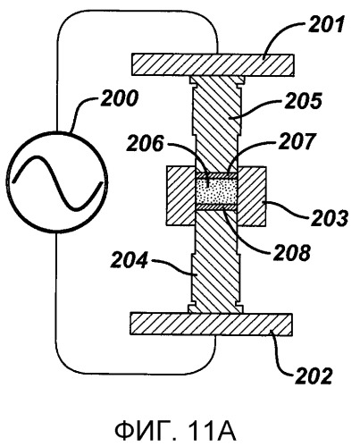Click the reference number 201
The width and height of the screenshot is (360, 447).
coord(326,24)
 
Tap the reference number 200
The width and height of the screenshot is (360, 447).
coord(120,98)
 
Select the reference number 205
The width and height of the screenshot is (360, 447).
coord(303,101)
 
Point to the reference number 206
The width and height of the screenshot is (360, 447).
coord(145,143)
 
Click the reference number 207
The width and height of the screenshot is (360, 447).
coord(297,141)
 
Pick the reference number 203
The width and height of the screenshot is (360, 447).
coord(330,218)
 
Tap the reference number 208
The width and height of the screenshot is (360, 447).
coord(292,253)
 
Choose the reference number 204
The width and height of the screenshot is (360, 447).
coord(130,260)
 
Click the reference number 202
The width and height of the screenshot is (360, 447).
coord(314,376)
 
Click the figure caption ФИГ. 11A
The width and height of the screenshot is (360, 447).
coord(176,430)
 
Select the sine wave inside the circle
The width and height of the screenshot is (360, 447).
coord(57,182)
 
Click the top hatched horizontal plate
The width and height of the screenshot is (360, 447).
coord(213,65)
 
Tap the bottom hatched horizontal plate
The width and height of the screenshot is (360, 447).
coord(211,325)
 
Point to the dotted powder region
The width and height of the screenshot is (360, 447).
coord(216,191)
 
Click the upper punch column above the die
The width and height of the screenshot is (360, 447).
coord(216,124)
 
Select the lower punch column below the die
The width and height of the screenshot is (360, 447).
coord(215,262)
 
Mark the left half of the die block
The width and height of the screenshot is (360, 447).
coord(181,196)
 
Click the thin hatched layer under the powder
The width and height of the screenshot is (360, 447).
coord(216,207)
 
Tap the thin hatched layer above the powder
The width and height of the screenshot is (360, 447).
coord(216,175)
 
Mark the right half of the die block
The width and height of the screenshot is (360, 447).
coord(251,196)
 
